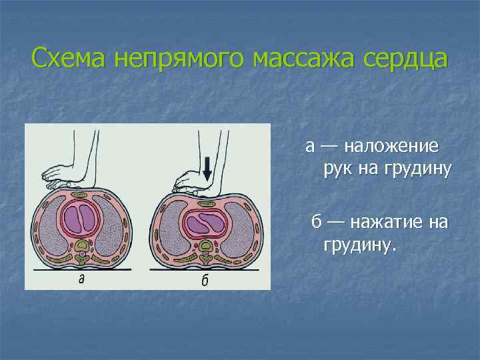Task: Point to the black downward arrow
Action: (207, 169)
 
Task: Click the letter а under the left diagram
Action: (81, 279)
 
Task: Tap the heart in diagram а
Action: (81, 217)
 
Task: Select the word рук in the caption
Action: (337, 169)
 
